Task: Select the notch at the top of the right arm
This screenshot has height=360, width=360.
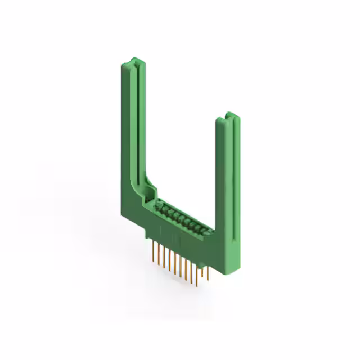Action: tap(231, 116)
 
